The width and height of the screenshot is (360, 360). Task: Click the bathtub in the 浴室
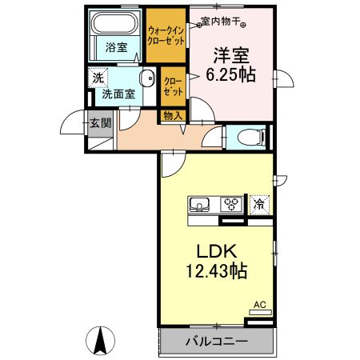(115, 23)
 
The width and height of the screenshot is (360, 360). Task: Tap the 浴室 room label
(117, 47)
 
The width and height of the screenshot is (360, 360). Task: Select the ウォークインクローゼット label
(166, 35)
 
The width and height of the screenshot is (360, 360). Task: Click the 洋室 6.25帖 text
(231, 65)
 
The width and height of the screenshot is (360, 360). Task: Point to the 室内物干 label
(221, 22)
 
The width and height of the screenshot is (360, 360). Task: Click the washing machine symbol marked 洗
(98, 78)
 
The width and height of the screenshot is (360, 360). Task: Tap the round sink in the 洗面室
(147, 78)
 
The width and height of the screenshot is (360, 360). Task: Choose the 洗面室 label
(118, 94)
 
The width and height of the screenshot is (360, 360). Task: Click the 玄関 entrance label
(100, 123)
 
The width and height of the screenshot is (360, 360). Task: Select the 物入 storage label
(173, 116)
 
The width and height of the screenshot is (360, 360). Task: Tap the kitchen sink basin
(199, 205)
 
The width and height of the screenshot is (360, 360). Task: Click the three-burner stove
(231, 205)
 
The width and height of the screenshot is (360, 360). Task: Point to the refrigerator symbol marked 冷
(259, 205)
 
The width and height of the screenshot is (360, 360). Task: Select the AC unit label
(260, 305)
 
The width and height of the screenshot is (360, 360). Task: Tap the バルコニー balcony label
(217, 341)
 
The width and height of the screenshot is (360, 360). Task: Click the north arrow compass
(100, 341)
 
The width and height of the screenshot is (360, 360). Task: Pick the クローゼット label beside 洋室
(174, 86)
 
